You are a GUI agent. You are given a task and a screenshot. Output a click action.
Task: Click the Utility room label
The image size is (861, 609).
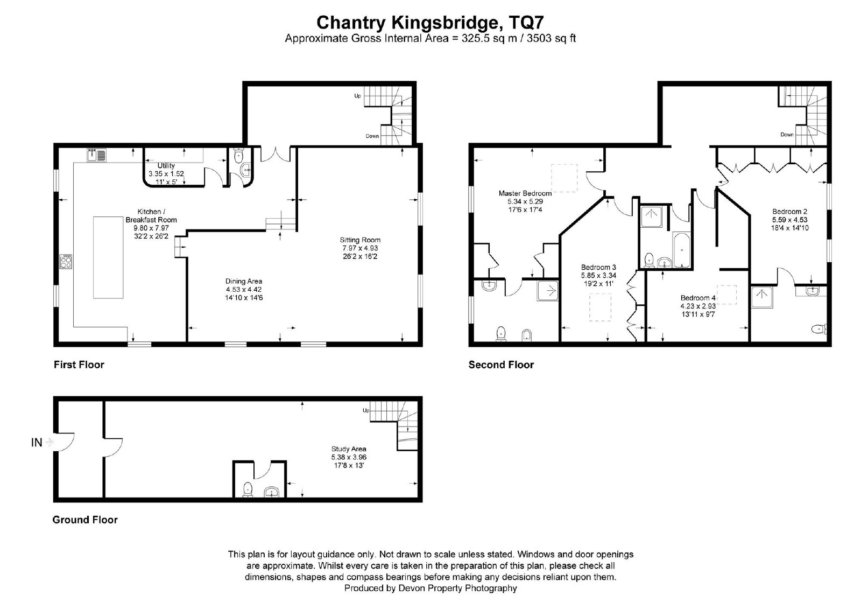[166, 165]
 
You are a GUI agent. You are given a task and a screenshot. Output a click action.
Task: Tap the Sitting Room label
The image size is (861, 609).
[360, 240]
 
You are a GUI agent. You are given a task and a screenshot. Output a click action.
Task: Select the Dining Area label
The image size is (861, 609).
[244, 281]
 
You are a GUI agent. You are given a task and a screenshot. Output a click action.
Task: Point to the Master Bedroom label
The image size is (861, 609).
[525, 193]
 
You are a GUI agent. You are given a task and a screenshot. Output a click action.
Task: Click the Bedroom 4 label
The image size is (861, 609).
[698, 298]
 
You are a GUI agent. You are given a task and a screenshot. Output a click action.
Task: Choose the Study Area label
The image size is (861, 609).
[349, 449]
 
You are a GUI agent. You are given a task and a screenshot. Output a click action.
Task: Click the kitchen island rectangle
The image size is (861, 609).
[108, 257]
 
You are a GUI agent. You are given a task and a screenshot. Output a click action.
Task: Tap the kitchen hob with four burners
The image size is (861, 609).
[66, 262]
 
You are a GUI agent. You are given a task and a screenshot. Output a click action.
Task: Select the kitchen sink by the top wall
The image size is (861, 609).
[96, 155]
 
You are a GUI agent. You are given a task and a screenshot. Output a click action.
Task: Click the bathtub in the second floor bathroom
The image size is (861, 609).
[681, 250]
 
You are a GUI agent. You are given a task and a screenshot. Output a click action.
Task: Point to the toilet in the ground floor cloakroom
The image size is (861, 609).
[248, 490]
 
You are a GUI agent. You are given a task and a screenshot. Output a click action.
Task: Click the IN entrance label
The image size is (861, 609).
[37, 443]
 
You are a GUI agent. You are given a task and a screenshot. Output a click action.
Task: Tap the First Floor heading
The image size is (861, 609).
[79, 365]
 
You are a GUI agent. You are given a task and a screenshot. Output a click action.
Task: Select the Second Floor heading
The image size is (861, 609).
[501, 365]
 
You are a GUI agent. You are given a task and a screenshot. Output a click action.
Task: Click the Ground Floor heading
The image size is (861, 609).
[85, 520]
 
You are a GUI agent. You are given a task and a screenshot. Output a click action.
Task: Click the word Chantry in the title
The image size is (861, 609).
[350, 23]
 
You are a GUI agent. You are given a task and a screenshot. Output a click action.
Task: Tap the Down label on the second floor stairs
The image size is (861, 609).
[787, 135]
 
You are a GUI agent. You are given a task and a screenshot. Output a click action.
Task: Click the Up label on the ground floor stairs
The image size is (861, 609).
[366, 410]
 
